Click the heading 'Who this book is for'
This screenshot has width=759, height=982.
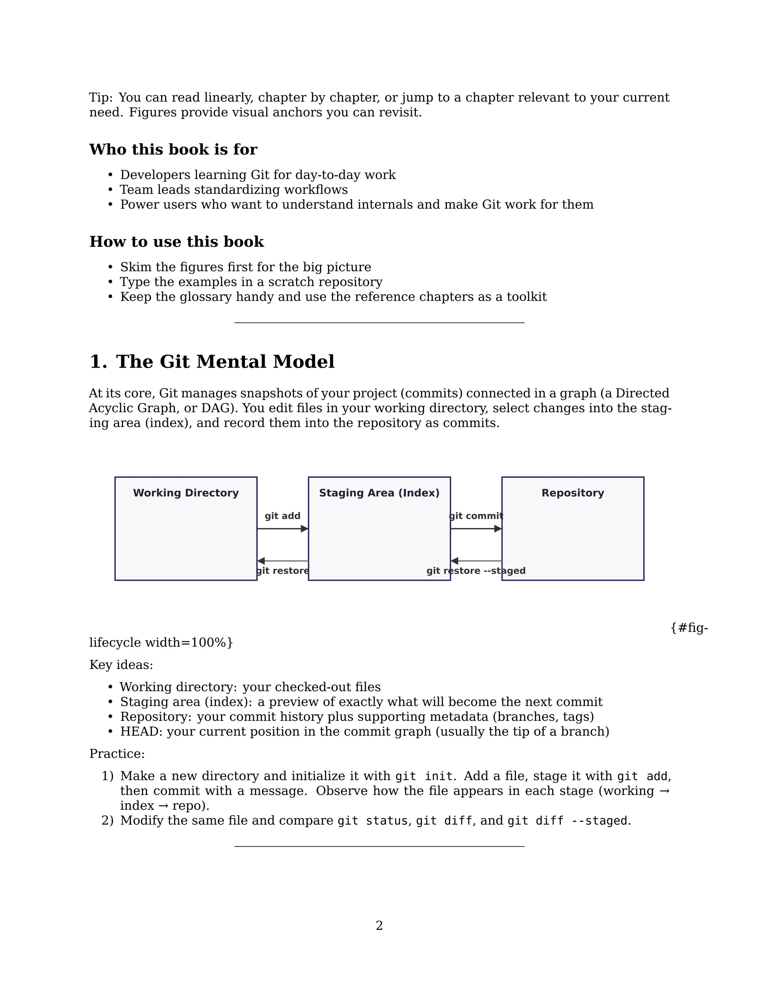pyautogui.click(x=173, y=149)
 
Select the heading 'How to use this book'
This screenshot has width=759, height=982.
pyautogui.click(x=176, y=242)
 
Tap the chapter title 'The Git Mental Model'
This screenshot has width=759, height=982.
pyautogui.click(x=225, y=362)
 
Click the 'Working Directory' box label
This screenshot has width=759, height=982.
pyautogui.click(x=186, y=493)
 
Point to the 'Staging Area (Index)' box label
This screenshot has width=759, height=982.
pyautogui.click(x=379, y=493)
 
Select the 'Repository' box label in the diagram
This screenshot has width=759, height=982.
pyautogui.click(x=572, y=493)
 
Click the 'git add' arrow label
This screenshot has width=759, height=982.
pyautogui.click(x=282, y=516)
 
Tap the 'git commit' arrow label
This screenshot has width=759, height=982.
pyautogui.click(x=476, y=516)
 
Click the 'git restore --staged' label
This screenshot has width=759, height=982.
pyautogui.click(x=476, y=571)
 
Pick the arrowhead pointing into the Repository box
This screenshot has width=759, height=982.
pyautogui.click(x=498, y=529)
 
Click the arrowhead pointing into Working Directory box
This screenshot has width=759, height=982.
pyautogui.click(x=261, y=561)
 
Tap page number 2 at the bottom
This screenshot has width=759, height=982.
pyautogui.click(x=379, y=925)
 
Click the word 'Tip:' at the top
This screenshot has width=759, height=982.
pyautogui.click(x=101, y=97)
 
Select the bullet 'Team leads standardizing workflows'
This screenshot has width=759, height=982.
pyautogui.click(x=233, y=190)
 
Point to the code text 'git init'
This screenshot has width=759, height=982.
pyautogui.click(x=424, y=776)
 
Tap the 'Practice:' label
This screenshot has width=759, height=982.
pyautogui.click(x=117, y=754)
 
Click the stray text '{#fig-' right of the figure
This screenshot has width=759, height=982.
pyautogui.click(x=689, y=628)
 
